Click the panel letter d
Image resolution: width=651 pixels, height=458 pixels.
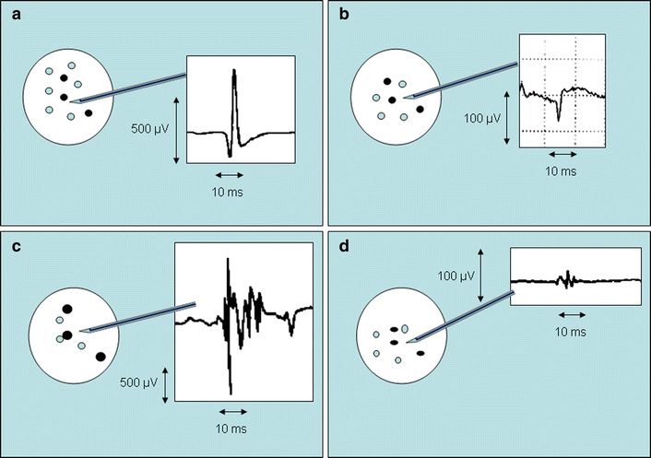click(337, 245)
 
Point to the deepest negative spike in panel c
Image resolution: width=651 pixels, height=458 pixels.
click(230, 391)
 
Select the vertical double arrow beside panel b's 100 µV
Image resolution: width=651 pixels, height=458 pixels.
click(507, 117)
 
